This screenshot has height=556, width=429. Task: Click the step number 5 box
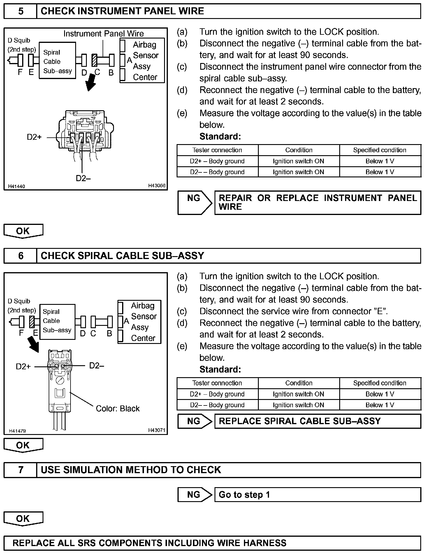[x=20, y=11]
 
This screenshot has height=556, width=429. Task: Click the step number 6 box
[x=20, y=256]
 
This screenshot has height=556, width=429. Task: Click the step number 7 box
[x=20, y=470]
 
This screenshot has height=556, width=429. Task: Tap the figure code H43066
[x=157, y=186]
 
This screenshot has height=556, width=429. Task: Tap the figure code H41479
[x=17, y=431]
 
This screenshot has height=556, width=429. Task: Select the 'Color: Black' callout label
[x=117, y=408]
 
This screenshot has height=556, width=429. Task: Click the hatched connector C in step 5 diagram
[x=94, y=60]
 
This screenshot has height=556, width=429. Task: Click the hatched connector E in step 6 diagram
[x=32, y=322]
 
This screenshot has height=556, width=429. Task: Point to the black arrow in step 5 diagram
[x=91, y=82]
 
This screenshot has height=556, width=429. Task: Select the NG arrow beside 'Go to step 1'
[x=195, y=495]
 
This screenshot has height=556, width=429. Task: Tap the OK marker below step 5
[x=23, y=231]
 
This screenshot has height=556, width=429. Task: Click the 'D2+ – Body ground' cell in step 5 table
[x=217, y=161]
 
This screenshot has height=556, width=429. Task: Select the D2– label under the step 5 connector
[x=83, y=178]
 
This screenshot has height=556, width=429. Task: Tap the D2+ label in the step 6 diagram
[x=23, y=366]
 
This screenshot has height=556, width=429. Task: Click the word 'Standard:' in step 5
[x=220, y=136]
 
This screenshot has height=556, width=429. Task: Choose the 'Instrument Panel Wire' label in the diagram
[x=103, y=34]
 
